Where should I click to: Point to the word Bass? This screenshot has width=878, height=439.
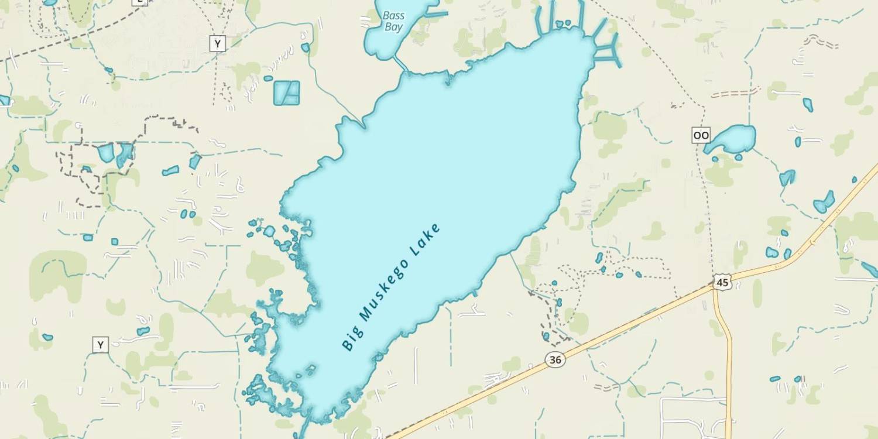coord(394,15)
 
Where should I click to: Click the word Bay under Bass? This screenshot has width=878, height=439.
coord(394,27)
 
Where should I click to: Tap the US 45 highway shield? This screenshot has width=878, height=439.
coord(722,282)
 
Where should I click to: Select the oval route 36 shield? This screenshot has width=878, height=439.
coord(555,359)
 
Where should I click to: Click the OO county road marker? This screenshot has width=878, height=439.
coord(701,135)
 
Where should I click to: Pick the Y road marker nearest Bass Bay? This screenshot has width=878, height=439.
coord(218,43)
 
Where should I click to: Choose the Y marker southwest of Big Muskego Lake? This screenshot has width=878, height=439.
coord(100,345)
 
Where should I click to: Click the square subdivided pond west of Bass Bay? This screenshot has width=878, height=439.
coord(287,93)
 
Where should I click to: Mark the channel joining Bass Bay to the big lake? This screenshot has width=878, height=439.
coord(399,64)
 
